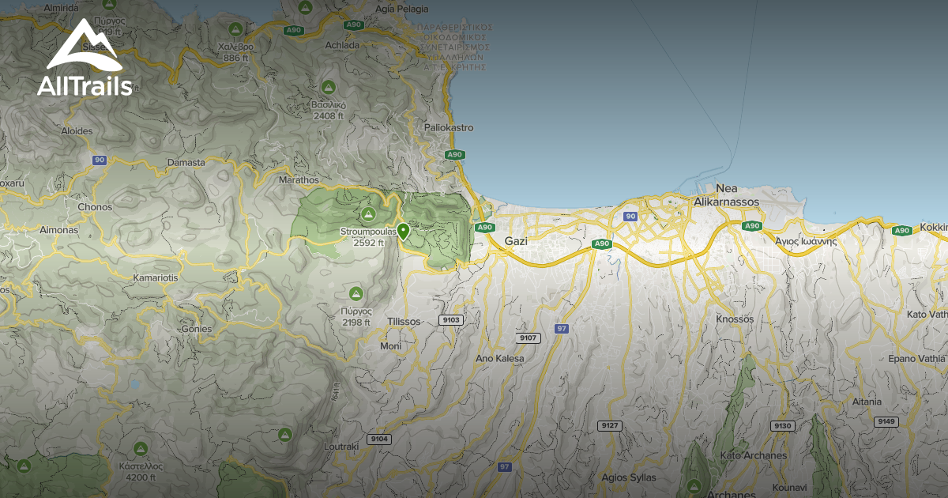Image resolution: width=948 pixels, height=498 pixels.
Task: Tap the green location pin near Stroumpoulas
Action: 403,232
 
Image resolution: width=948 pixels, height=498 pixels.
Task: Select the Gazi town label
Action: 515,240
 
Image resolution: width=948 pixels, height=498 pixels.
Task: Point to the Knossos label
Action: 735,319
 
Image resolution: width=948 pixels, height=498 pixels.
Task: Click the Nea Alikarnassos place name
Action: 726,195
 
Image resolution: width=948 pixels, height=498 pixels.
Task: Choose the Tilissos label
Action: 404,322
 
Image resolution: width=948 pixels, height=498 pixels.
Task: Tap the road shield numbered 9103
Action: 451,320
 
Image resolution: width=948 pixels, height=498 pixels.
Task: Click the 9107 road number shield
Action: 528,338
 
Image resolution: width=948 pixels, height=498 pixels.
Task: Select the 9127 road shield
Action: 609,425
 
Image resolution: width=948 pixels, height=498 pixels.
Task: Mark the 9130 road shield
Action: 782,425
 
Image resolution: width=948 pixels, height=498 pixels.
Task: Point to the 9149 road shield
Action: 886,421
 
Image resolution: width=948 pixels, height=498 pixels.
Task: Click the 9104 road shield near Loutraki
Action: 378,439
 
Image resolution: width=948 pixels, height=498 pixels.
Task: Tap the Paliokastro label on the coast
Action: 449,127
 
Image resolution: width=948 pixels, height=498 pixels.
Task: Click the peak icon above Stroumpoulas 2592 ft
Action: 367,214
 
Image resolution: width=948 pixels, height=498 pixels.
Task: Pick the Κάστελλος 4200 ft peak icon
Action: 141,449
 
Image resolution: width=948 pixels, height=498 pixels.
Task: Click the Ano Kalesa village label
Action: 499,358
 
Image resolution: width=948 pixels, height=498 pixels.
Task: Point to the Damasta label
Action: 186,162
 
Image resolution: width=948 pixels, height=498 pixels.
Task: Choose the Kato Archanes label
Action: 753,455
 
